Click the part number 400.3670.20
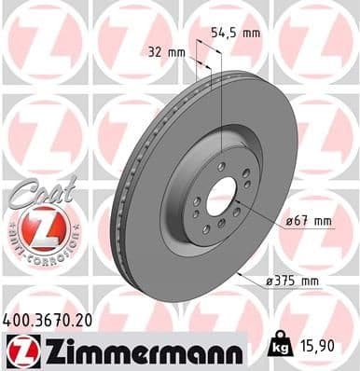[48, 320]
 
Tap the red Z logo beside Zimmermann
[21, 351]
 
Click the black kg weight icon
[279, 349]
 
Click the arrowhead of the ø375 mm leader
[240, 274]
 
